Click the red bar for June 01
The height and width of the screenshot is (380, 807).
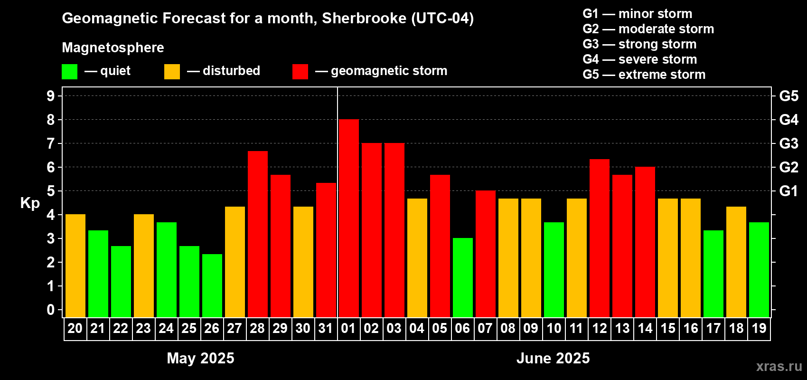(x=348, y=218)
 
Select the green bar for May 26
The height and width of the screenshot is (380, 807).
(x=212, y=285)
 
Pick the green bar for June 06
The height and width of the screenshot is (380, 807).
(x=462, y=277)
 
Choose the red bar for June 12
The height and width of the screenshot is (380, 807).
(x=599, y=238)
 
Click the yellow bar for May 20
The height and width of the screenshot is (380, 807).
(x=75, y=266)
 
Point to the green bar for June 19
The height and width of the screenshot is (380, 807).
(x=759, y=270)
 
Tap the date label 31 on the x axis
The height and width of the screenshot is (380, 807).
(x=326, y=329)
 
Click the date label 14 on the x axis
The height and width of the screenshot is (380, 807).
(x=645, y=329)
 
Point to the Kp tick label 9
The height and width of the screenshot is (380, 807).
(x=51, y=96)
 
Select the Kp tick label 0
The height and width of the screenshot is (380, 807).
(x=51, y=310)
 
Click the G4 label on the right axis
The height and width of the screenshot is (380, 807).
(x=788, y=120)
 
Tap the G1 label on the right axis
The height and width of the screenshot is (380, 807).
(x=788, y=191)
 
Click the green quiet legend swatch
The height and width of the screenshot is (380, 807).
(x=69, y=72)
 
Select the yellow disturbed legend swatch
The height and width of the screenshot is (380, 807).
(x=172, y=72)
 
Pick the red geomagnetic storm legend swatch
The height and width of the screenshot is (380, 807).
(x=300, y=72)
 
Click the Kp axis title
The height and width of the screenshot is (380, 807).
(x=30, y=203)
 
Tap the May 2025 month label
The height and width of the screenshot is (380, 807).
(x=200, y=358)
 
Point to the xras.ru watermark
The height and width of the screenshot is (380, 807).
(x=779, y=366)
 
